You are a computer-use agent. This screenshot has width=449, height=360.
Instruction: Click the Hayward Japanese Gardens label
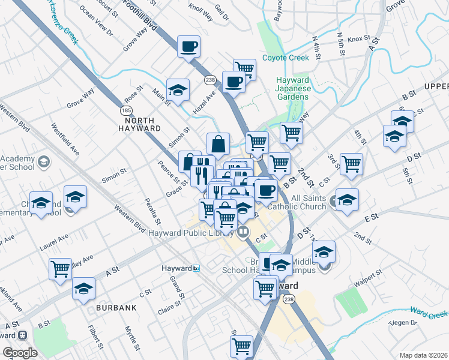(292, 88)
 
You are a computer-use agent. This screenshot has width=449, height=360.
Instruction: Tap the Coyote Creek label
(286, 58)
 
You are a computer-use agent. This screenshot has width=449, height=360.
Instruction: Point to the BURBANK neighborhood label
(116, 307)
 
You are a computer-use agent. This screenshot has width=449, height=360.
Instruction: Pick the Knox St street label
(358, 38)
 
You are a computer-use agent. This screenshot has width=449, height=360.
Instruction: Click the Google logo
(20, 353)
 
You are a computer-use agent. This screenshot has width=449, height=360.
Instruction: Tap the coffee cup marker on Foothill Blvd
(188, 46)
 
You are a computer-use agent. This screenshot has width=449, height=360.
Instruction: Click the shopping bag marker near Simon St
(218, 143)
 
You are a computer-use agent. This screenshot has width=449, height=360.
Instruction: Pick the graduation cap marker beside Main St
(178, 89)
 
